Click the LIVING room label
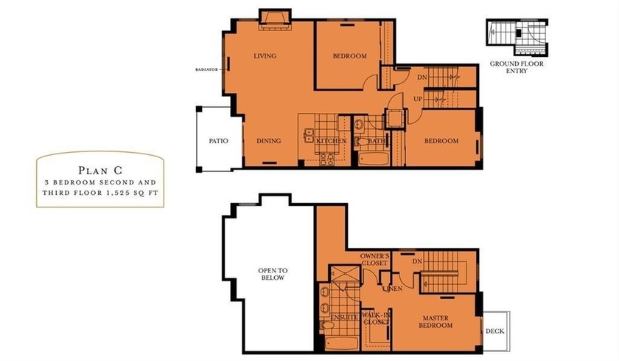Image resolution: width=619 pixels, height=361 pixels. click(x=265, y=56)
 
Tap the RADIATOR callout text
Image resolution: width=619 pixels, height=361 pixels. click(x=206, y=69)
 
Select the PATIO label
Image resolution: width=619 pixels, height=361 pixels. click(x=218, y=141)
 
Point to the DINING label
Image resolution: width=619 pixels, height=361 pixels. click(x=269, y=141)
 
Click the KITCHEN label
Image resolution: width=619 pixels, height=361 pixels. click(x=331, y=141)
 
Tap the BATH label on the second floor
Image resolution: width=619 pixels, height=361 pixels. click(x=377, y=141)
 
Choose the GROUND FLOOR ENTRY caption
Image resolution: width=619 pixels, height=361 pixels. click(x=517, y=67)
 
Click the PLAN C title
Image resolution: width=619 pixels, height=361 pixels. click(x=100, y=171)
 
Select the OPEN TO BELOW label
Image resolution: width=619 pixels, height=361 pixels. click(x=273, y=274)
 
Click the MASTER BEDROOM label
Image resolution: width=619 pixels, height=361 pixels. click(x=436, y=321)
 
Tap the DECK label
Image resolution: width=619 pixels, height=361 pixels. click(x=495, y=331)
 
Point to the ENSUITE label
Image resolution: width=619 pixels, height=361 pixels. click(x=344, y=317)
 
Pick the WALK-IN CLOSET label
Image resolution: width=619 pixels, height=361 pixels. click(x=377, y=318)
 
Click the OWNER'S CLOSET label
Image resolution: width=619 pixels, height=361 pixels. click(x=374, y=259)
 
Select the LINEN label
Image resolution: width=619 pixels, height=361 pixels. click(x=392, y=289)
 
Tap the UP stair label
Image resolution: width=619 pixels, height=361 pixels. click(x=418, y=99)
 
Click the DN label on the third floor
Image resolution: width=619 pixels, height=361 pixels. click(x=417, y=261)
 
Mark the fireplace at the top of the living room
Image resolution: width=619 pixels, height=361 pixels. click(x=275, y=19)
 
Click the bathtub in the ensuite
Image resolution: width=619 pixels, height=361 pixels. click(x=342, y=343)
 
